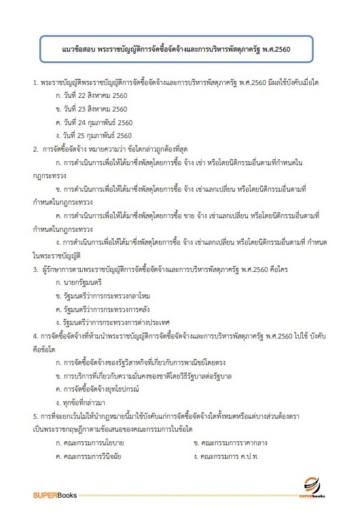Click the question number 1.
[x=35, y=82]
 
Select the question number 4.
[x=35, y=335]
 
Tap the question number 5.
[x=35, y=415]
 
